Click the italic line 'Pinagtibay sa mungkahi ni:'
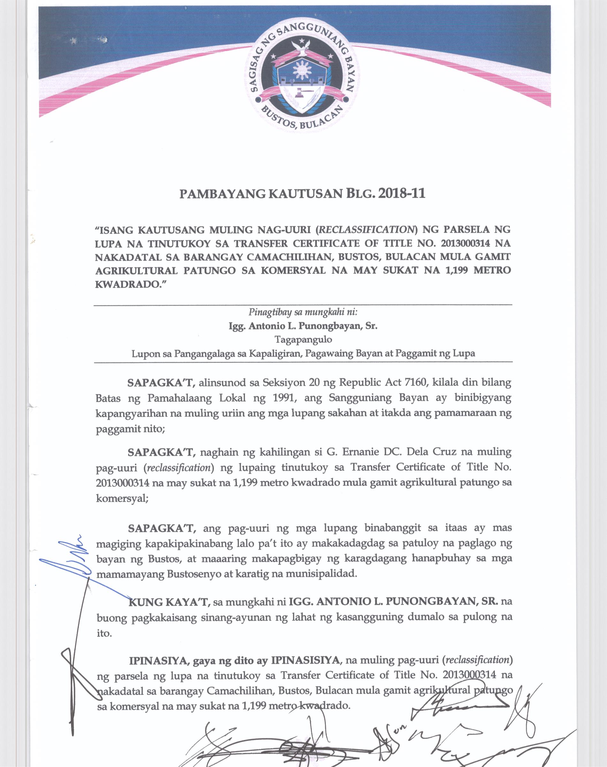303,313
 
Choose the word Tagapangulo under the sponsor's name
303,339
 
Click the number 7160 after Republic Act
420,383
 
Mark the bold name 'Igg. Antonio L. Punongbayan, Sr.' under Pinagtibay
303,326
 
